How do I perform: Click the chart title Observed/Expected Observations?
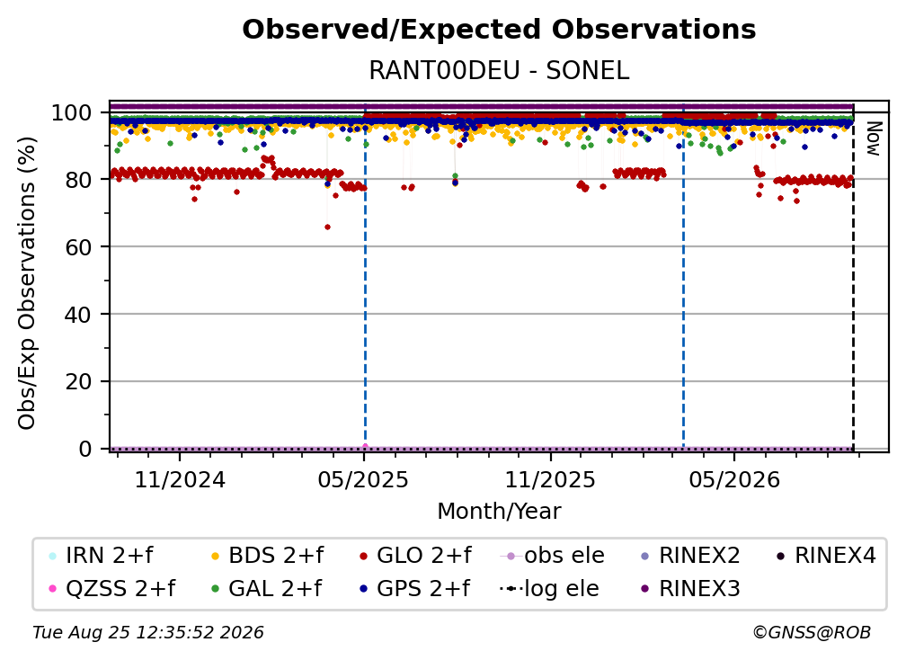pos(499,30)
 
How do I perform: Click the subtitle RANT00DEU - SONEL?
pos(499,70)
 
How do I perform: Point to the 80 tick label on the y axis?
pos(78,180)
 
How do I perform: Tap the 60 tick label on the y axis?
pos(78,247)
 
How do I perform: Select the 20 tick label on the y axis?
pos(78,381)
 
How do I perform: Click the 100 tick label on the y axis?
pos(72,112)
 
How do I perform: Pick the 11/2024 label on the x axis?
pos(180,479)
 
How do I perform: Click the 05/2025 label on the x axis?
pos(363,479)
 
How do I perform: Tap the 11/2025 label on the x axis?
pos(550,479)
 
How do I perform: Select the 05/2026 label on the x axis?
pos(733,479)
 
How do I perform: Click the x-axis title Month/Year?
pos(499,512)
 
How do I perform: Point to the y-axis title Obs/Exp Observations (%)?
pos(27,283)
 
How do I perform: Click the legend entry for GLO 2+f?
pos(415,556)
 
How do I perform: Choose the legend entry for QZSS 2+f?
pos(112,589)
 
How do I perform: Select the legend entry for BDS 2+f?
pos(267,556)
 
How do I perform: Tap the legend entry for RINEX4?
pos(826,556)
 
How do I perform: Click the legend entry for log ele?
pos(549,589)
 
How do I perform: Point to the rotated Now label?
pos(875,138)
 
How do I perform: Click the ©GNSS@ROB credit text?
pos(812,633)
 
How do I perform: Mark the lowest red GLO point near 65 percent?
pos(327,227)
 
